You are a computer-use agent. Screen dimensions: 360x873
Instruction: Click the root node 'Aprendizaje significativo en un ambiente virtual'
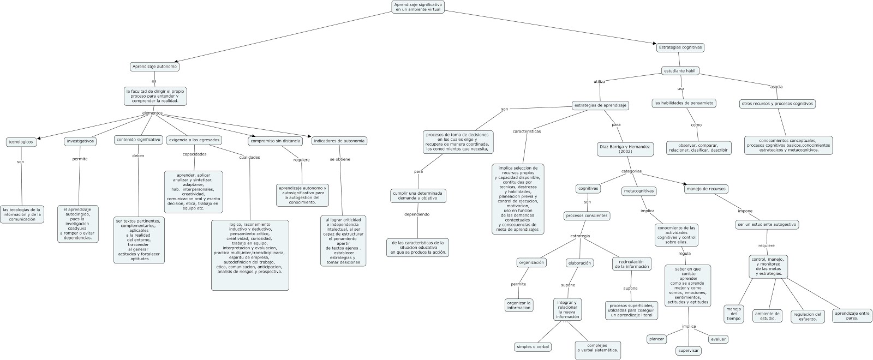418,7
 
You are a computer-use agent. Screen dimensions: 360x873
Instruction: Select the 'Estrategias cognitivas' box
680,47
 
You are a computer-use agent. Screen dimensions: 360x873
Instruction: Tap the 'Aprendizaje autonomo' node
155,67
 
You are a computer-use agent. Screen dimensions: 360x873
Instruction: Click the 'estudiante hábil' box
680,71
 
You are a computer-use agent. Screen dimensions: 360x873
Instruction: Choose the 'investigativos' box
80,141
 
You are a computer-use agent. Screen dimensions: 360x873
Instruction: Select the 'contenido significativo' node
139,140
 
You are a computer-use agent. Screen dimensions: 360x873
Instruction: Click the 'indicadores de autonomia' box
339,141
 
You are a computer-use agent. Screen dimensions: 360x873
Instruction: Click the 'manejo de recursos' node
707,189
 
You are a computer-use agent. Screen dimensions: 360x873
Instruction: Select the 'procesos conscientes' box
587,215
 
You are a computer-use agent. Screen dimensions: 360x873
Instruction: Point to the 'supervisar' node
689,351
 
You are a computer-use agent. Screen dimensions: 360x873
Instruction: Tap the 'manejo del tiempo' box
734,314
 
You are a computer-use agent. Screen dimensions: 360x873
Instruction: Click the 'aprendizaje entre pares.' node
852,315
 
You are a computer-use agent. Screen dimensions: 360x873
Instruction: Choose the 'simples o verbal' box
533,347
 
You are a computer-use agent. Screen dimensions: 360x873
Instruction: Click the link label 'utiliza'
599,81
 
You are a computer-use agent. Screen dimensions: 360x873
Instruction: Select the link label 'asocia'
776,87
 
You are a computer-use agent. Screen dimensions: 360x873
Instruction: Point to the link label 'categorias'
631,171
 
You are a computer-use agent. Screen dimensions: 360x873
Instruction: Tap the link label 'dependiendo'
417,214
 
